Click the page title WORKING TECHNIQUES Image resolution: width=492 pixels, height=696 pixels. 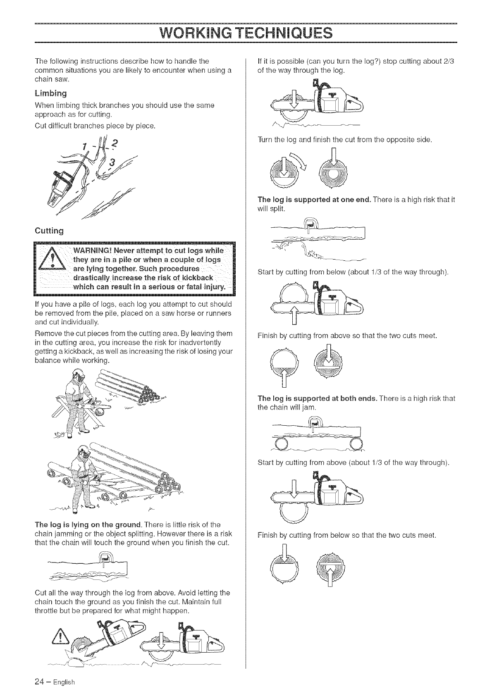(x=246, y=32)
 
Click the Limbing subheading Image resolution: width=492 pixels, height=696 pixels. (x=51, y=93)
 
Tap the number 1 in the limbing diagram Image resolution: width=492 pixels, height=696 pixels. (x=84, y=148)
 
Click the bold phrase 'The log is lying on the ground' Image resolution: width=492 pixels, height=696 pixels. (x=88, y=525)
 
